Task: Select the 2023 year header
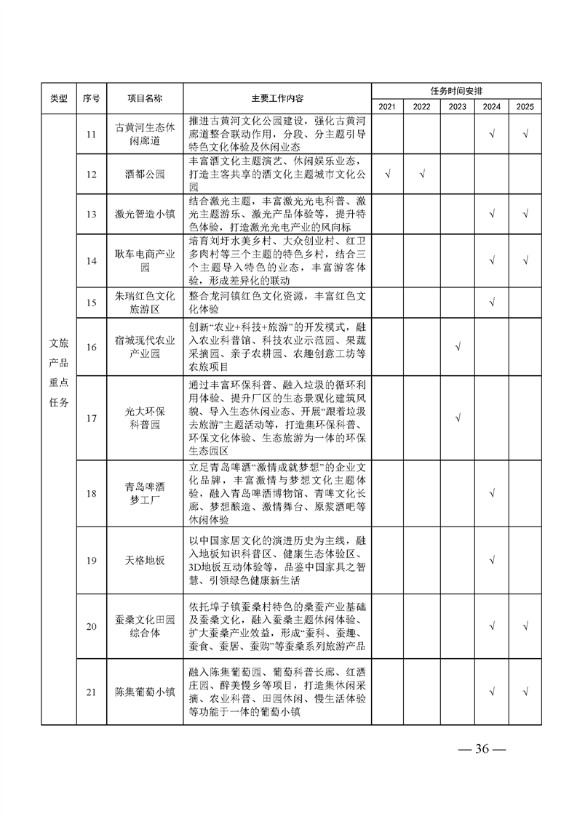point(458,106)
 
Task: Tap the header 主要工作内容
point(277,98)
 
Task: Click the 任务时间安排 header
point(456,90)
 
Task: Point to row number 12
point(91,174)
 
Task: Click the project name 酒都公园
point(145,174)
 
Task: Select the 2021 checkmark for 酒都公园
point(388,174)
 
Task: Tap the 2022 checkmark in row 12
point(423,174)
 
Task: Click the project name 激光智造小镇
point(145,214)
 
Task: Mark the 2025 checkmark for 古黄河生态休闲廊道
point(525,135)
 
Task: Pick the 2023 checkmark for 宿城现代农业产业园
point(458,347)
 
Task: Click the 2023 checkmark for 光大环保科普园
point(458,417)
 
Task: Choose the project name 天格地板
point(145,560)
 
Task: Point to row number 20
point(91,627)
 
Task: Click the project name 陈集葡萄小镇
point(145,692)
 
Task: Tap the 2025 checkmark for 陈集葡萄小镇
point(525,692)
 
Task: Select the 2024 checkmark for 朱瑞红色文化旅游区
point(493,302)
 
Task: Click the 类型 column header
point(58,98)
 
